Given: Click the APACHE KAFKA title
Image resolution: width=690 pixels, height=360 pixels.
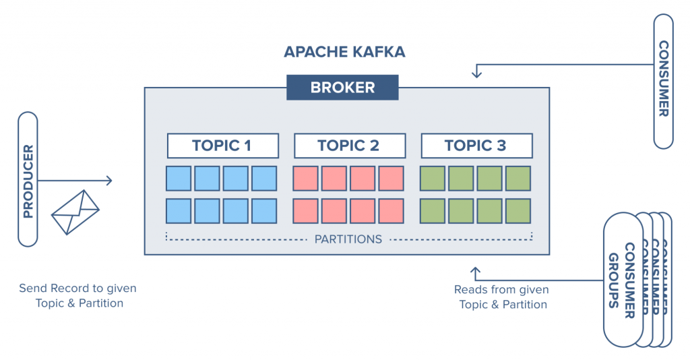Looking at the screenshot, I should point(344,52).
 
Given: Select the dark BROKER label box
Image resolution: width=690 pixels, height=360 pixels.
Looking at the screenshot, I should point(342,88).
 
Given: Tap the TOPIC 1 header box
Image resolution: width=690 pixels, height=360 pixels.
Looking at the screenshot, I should point(222,145).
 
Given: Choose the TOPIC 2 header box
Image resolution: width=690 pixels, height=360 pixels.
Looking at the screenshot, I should point(349,145).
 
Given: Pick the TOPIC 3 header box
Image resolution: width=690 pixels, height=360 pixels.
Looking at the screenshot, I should point(476,145).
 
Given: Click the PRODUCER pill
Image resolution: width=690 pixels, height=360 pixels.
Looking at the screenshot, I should point(28,179).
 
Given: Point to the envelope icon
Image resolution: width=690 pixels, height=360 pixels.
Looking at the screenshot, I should point(75,211).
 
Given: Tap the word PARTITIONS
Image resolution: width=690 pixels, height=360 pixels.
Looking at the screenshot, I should point(348,239).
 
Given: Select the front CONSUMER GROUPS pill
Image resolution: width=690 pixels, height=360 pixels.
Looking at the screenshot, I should point(623,280).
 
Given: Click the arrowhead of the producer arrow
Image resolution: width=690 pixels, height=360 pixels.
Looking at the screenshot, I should point(109,181).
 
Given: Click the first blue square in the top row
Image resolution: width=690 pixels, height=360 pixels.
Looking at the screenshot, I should point(179,179).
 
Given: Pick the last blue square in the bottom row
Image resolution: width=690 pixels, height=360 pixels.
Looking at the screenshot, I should point(264,211).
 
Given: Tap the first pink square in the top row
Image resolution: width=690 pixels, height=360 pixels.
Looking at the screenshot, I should point(305,179).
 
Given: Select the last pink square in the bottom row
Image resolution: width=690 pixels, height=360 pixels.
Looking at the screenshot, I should point(391,211).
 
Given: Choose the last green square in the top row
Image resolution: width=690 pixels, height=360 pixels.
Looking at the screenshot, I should point(518,179).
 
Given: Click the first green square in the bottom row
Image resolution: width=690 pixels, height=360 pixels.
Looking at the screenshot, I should point(433,211).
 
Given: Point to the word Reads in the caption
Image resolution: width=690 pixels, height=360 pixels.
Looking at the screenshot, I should point(469,290).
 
